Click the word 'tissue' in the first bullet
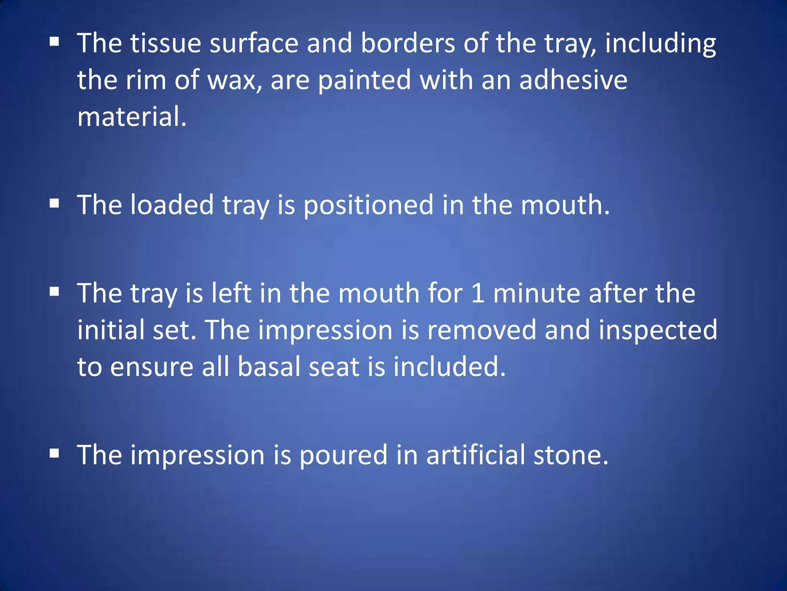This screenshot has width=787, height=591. coord(166,43)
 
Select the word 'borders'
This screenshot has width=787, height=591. coord(408,43)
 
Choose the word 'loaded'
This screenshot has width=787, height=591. coord(171,205)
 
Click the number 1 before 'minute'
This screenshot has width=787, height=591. coord(478,294)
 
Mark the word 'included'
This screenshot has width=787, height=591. coord(449,367)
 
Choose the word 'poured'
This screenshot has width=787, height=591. coord(343,455)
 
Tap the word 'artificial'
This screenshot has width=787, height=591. coord(475,455)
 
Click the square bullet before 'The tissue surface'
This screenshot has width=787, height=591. coord(54,42)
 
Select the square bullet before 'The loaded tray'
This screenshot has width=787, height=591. coord(54,203)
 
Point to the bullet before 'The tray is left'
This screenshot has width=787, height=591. coord(54,292)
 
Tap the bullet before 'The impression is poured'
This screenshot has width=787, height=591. coord(54,453)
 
